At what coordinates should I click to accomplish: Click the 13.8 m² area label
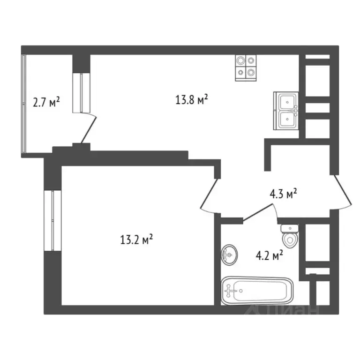click(x=192, y=99)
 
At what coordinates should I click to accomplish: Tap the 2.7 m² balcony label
click(x=46, y=102)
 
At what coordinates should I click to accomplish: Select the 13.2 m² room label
click(x=136, y=239)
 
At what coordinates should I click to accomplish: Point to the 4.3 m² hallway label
click(x=283, y=194)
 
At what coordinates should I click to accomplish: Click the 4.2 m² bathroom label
click(x=270, y=255)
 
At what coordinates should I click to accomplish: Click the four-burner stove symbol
click(x=246, y=67)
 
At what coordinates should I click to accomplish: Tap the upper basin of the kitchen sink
click(x=287, y=102)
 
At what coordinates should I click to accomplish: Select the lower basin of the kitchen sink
click(x=287, y=119)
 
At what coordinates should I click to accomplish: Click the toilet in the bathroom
click(x=290, y=236)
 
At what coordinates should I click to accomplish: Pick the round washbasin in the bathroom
click(x=229, y=255)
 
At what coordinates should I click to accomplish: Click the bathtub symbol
click(x=257, y=291)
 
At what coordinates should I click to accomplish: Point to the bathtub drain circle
click(x=241, y=291)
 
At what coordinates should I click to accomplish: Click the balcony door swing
click(x=89, y=128)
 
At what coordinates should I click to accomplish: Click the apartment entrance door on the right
click(x=342, y=192)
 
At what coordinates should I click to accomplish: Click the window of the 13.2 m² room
click(x=52, y=220)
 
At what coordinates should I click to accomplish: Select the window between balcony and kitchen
click(x=81, y=93)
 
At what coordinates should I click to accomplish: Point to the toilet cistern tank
click(x=290, y=228)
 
